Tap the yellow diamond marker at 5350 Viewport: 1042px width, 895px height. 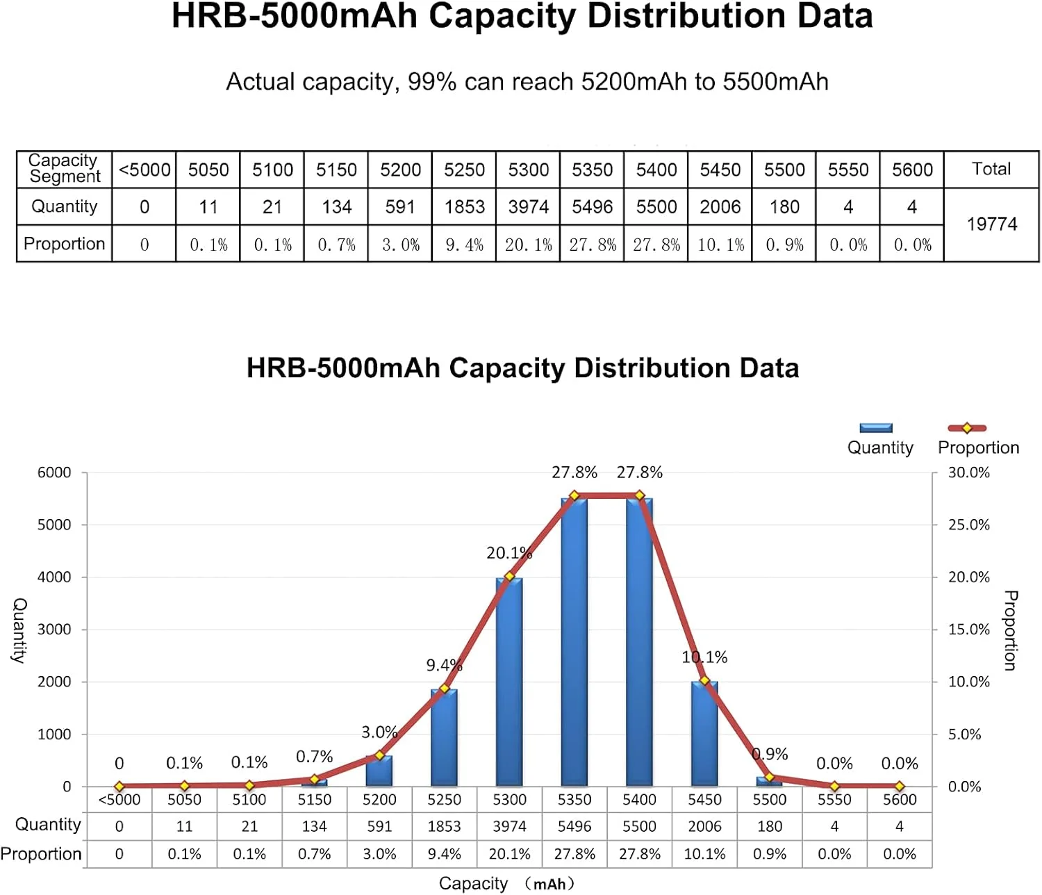click(574, 495)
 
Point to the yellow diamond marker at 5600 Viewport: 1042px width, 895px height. click(900, 786)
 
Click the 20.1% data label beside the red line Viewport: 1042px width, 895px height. click(508, 553)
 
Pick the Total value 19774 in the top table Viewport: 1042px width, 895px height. click(991, 224)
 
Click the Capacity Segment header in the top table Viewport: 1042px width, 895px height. click(64, 169)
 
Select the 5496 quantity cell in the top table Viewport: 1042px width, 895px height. click(592, 207)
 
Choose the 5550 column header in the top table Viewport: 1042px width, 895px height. click(847, 170)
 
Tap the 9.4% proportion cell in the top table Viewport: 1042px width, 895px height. click(464, 245)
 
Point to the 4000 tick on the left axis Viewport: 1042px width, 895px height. click(54, 577)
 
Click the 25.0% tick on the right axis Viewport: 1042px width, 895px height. click(968, 525)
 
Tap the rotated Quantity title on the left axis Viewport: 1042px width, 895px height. click(19, 630)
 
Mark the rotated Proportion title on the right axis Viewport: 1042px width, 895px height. click(1011, 630)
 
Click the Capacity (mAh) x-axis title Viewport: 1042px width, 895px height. click(507, 883)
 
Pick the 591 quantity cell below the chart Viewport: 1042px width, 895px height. click(379, 826)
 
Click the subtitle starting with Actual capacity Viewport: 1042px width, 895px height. click(527, 82)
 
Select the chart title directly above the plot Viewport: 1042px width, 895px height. click(522, 368)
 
